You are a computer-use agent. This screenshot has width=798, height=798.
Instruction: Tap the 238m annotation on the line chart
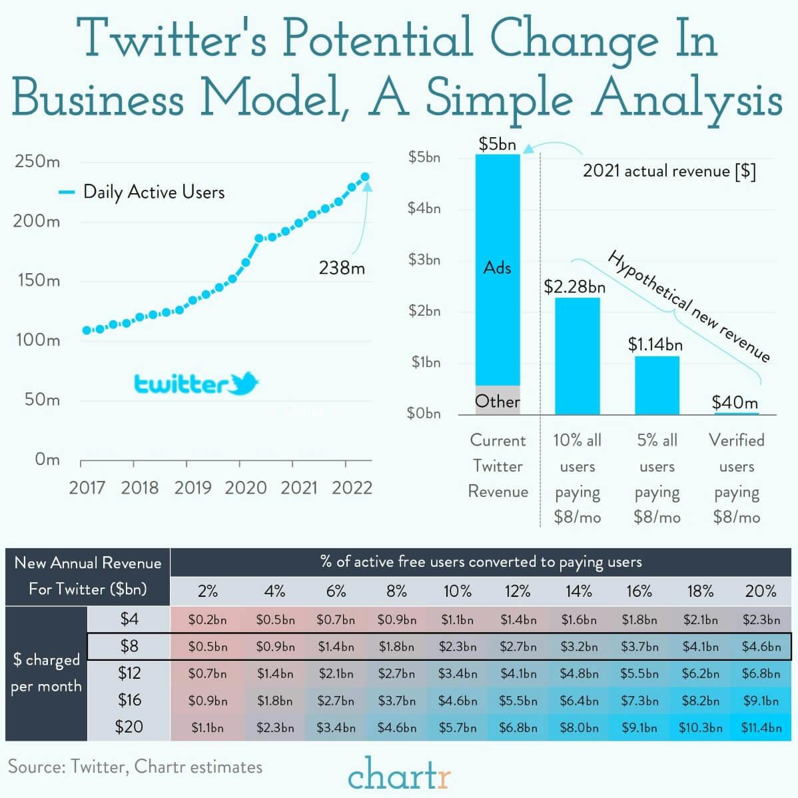click(x=342, y=268)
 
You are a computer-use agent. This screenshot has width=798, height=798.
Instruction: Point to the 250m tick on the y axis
click(x=37, y=162)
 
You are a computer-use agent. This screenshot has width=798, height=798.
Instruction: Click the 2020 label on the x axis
click(x=245, y=488)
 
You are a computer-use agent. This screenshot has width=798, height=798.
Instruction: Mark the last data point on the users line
click(x=365, y=177)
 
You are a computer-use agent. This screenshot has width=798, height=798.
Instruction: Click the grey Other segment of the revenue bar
click(x=498, y=400)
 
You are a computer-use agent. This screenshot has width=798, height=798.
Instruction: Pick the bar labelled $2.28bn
click(x=577, y=356)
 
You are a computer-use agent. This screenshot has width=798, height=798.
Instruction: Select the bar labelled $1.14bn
click(x=657, y=386)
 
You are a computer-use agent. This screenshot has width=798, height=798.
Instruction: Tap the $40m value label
click(x=735, y=402)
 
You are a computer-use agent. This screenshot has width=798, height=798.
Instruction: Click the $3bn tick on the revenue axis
click(x=424, y=260)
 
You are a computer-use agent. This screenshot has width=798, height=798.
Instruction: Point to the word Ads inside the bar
click(x=498, y=268)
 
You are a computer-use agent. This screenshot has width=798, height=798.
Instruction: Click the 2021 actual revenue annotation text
click(x=669, y=171)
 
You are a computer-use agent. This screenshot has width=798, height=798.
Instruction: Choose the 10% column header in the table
click(x=457, y=591)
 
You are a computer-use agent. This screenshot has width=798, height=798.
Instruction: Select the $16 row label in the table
click(x=129, y=699)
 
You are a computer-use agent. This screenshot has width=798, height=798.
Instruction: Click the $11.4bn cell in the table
click(x=761, y=727)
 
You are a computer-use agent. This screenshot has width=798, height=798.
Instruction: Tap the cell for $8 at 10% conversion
click(x=457, y=646)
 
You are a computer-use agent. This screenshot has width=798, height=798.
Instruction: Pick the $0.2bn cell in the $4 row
click(x=207, y=619)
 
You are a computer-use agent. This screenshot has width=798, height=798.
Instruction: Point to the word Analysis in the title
click(x=687, y=100)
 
